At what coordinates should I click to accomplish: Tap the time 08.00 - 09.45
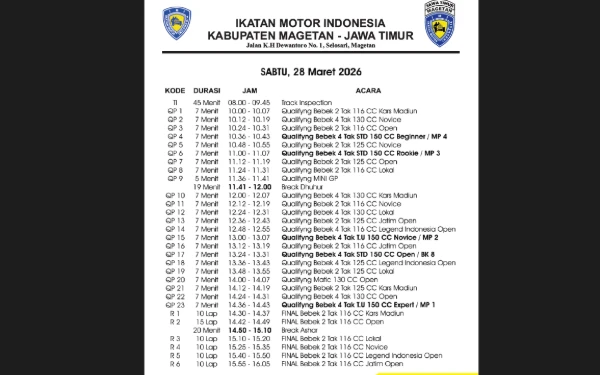point(249,101)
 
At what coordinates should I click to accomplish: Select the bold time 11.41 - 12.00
point(249,186)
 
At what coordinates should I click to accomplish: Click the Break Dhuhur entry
point(301,186)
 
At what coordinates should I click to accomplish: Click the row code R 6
point(174,365)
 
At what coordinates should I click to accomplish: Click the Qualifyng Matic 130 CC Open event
point(329,279)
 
